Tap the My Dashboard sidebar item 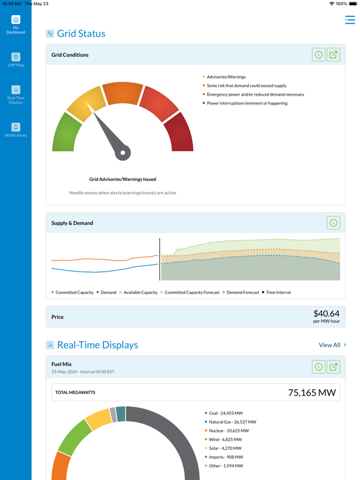(x=16, y=24)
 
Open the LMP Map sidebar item (x=16, y=60)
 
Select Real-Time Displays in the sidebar (x=16, y=95)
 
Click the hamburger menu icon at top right (x=349, y=21)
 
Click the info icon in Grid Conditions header (x=318, y=55)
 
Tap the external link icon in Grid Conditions (x=334, y=55)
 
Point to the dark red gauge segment (x=181, y=133)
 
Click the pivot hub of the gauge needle (x=123, y=152)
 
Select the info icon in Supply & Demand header (x=333, y=223)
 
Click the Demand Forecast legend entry (x=242, y=292)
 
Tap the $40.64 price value (x=326, y=314)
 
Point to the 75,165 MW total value (x=312, y=392)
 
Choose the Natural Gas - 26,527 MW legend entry (x=232, y=422)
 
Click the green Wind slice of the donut (x=74, y=437)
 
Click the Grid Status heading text (x=81, y=34)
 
